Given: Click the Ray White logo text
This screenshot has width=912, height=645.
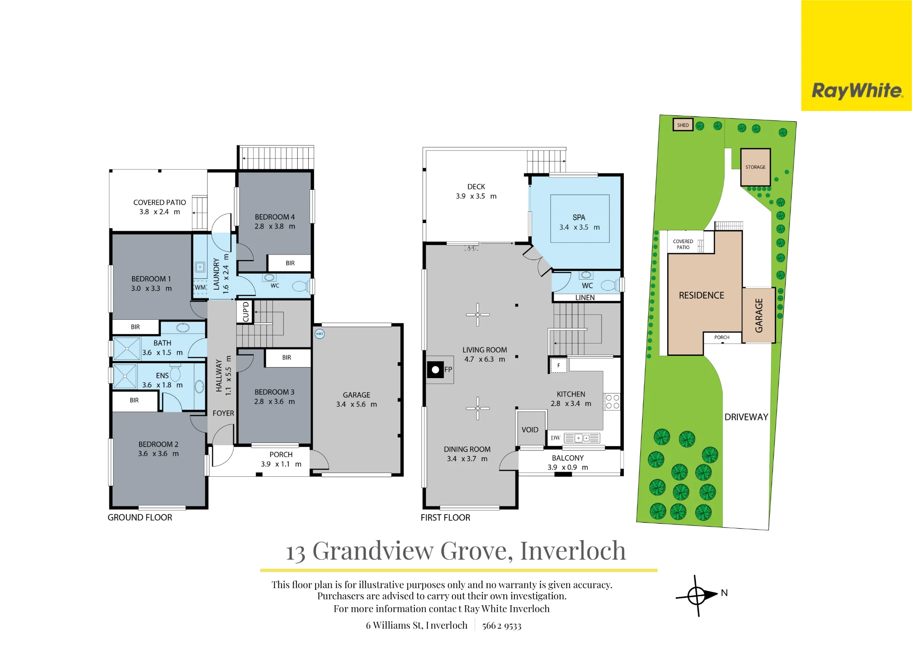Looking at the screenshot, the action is coord(857,91).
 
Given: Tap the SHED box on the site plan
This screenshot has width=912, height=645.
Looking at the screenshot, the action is coord(683,125).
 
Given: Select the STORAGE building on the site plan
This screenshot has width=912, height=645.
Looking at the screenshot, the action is coord(756,167).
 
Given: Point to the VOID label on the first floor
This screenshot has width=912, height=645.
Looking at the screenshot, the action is coord(530,430).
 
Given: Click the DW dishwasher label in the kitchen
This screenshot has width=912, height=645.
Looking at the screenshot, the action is coord(555,438).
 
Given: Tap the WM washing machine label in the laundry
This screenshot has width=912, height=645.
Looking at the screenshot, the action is coord(200,287).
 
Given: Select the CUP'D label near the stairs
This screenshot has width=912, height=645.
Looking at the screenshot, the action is coord(246,312).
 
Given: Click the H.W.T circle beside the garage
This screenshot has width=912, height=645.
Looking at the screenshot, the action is coord(320,334).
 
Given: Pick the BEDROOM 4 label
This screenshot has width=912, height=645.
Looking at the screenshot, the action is coord(275,217).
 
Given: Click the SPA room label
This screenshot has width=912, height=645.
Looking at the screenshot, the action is coord(579,218).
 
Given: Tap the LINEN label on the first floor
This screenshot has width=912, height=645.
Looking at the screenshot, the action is coord(585,298).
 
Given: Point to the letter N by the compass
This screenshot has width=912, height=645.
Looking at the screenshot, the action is coord(724,593).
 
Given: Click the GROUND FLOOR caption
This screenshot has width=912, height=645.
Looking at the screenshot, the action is coord(140,518).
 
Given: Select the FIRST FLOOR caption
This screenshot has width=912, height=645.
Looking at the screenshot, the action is coord(446,518).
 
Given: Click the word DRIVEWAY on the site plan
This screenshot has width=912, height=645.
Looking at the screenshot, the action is coord(746,417).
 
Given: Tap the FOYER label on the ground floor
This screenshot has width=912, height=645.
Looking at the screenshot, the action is coord(223,413).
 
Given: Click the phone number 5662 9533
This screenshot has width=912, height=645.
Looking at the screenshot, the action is coord(502,626).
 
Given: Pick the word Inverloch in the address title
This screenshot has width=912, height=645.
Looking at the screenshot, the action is coord(573,551).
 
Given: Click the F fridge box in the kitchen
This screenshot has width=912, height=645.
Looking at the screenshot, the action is coord(559,365).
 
